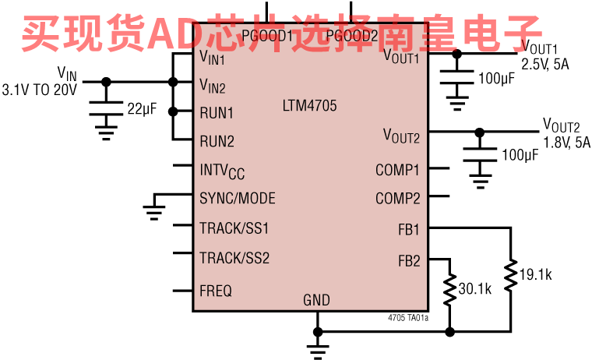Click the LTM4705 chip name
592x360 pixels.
310,105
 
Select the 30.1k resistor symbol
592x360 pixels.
449,289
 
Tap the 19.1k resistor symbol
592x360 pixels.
511,274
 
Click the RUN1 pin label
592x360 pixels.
217,113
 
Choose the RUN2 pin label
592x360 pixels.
217,141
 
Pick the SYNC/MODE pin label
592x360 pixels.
238,199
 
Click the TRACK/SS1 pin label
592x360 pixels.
234,228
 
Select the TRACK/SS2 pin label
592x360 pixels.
234,258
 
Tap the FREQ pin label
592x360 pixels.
216,291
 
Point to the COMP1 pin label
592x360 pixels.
397,170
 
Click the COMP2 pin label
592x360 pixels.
397,199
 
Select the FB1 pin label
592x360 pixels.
408,230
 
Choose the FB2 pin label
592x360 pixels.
408,261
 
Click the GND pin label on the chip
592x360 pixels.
316,300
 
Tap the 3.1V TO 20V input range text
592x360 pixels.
40,90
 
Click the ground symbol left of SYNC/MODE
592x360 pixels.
154,210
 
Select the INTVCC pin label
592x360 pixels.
222,171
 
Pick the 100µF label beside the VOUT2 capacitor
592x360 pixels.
520,156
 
